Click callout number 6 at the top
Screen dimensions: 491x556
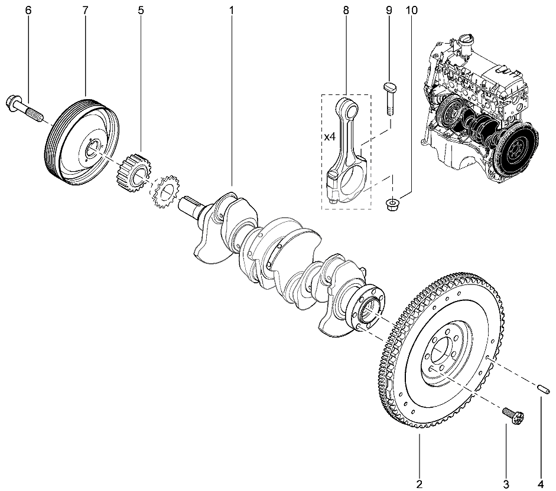(x=28, y=10)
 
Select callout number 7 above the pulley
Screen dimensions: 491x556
(x=86, y=10)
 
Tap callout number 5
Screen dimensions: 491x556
(x=141, y=10)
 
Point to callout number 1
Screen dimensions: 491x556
(x=232, y=10)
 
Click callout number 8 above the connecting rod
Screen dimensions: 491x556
(x=346, y=10)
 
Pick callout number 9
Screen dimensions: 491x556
(x=389, y=10)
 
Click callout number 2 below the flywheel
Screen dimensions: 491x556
(x=419, y=484)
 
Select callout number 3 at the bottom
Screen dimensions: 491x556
(x=506, y=484)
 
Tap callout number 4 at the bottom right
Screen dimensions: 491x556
(x=541, y=484)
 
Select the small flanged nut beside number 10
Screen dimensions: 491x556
(x=391, y=204)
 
